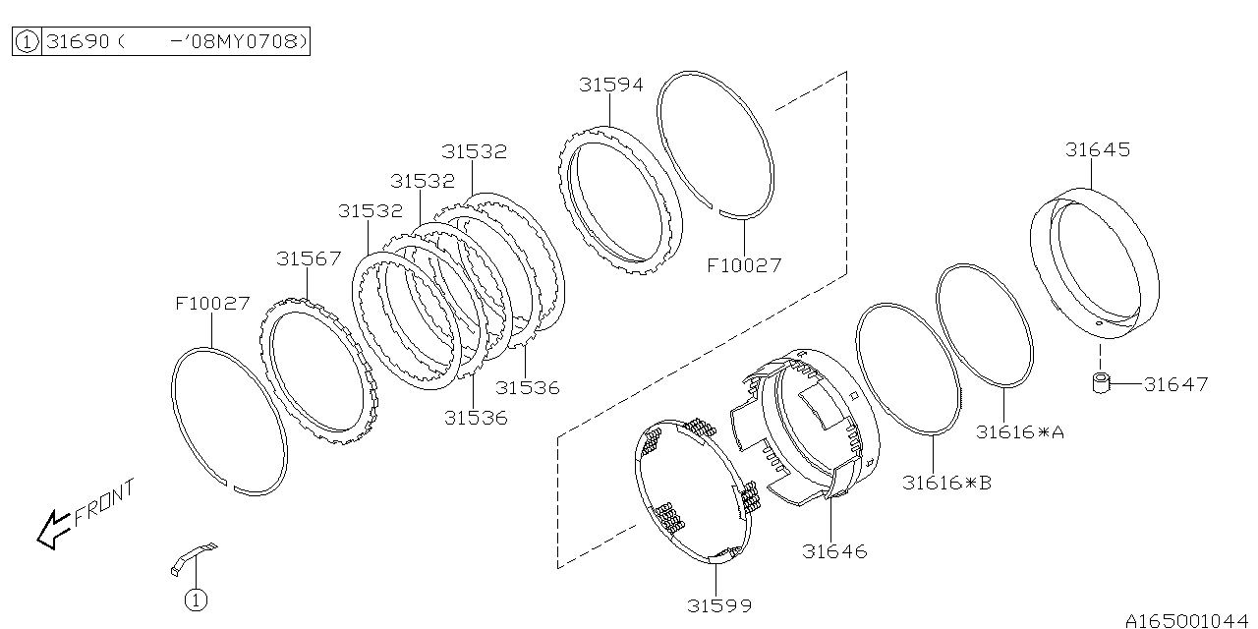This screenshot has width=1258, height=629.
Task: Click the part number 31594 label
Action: pyautogui.click(x=611, y=85)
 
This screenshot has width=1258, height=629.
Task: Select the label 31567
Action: pyautogui.click(x=309, y=258)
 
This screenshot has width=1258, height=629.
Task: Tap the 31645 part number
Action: pyautogui.click(x=1098, y=150)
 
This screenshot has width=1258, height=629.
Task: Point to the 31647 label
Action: pyautogui.click(x=1175, y=384)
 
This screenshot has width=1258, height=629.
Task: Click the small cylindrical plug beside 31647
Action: pyautogui.click(x=1102, y=383)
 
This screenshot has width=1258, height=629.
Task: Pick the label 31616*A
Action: pyautogui.click(x=1019, y=431)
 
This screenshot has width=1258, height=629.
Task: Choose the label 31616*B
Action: pyautogui.click(x=946, y=483)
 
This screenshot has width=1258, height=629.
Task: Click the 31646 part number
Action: pyautogui.click(x=834, y=551)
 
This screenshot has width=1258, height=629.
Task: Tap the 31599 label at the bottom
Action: pyautogui.click(x=718, y=605)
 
